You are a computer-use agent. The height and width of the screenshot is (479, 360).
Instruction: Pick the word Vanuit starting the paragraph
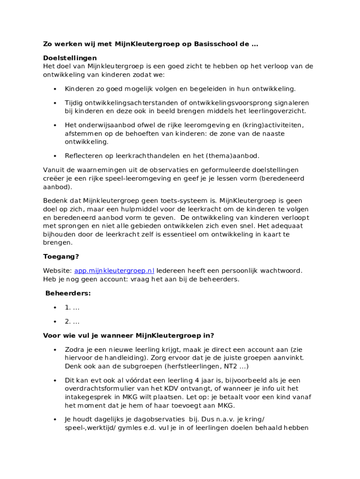point(54,170)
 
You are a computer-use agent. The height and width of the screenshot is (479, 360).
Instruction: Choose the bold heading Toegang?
point(61,257)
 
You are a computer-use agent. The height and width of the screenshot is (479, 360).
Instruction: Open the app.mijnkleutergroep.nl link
point(114,271)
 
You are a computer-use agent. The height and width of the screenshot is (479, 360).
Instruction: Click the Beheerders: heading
point(68,294)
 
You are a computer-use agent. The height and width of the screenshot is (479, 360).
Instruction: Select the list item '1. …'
point(72,308)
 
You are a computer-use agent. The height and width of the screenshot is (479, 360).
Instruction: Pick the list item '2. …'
point(72,322)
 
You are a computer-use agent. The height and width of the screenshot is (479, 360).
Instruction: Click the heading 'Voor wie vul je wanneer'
point(129,335)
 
